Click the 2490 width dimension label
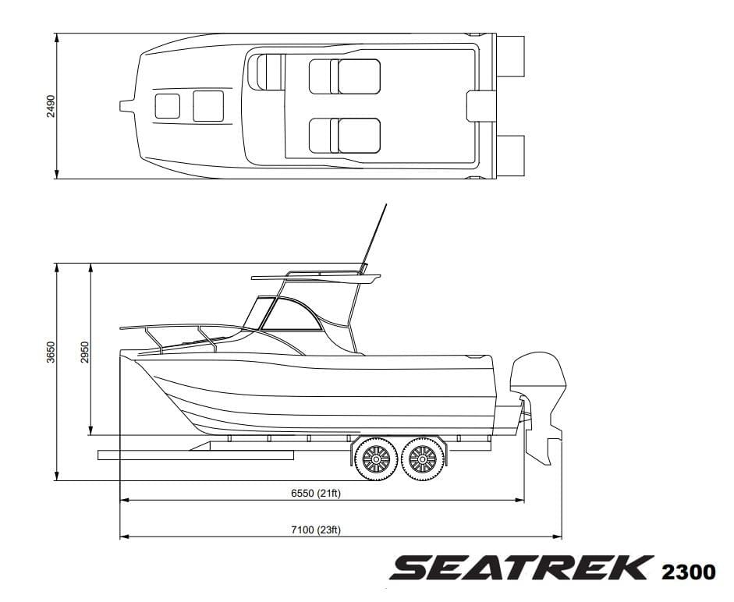click(x=51, y=106)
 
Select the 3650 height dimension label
click(x=51, y=352)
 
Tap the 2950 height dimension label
click(x=85, y=352)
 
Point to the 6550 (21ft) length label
click(x=315, y=493)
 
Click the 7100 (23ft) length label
click(x=315, y=530)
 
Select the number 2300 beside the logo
click(x=688, y=572)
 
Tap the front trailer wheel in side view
click(x=377, y=459)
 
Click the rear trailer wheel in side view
click(x=422, y=459)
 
